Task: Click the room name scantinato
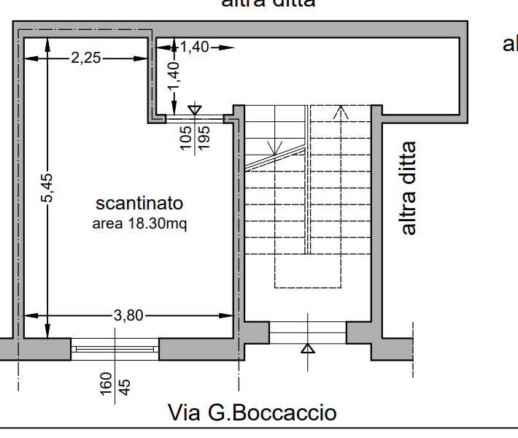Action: point(139,203)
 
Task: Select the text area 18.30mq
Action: point(139,224)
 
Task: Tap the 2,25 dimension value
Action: point(86,58)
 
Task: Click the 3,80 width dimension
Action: point(129,315)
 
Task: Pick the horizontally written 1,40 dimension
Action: point(194,47)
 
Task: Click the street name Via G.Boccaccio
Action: point(252,412)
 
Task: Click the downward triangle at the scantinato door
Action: point(194,109)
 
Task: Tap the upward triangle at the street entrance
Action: point(308,348)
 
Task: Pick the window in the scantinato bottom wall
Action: point(115,349)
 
